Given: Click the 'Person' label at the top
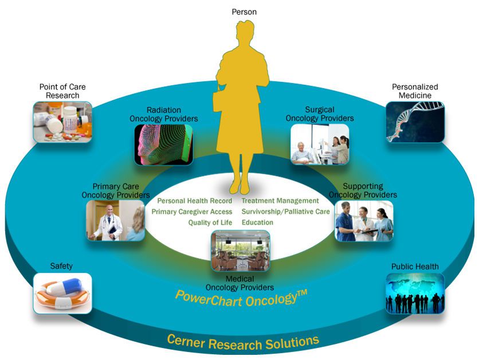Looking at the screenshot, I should coord(244,11).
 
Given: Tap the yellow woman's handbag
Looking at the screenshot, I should coord(221,102).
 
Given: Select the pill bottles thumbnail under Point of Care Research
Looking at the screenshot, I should coord(62,122).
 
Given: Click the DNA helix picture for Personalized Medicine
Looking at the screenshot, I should coord(415,122).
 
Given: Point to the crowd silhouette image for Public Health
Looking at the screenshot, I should coord(415,293).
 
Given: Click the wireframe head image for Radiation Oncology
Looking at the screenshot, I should coord(162,145).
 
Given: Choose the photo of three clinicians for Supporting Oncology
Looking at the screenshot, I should coord(364,221).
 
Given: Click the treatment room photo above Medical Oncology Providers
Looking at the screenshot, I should coord(240,251).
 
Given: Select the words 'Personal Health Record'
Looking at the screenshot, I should coord(195,201).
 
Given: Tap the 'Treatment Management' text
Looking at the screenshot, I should coord(280,201).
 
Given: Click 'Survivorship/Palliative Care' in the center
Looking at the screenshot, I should coord(285,212).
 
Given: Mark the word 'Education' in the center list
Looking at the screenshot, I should coord(257,222).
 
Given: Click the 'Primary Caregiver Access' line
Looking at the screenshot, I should coord(192,212).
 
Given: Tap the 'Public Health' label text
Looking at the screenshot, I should coord(415,267).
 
